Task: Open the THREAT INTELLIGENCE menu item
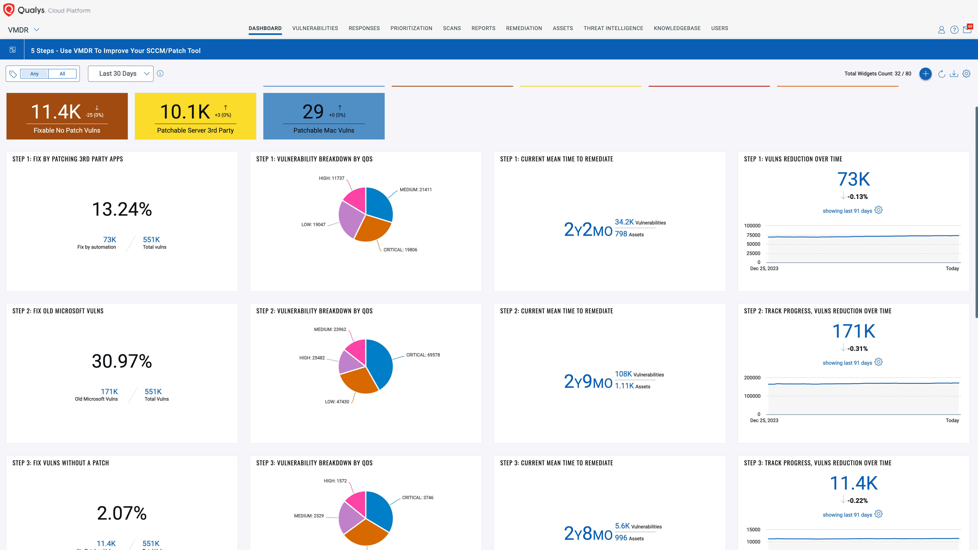[613, 28]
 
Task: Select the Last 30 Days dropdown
[121, 74]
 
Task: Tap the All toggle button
[62, 74]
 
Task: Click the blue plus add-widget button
[925, 74]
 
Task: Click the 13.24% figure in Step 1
[122, 209]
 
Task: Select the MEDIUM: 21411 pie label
[415, 190]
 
